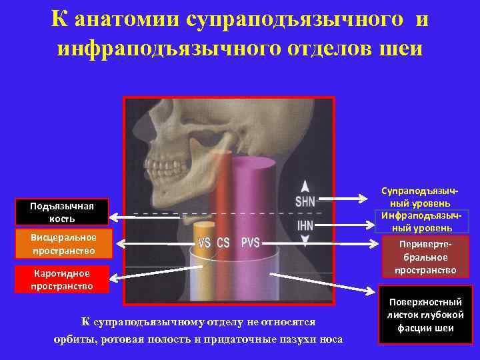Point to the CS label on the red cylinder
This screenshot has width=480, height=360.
223,243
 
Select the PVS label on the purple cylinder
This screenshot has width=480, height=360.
251,242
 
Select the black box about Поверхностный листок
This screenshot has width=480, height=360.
426,315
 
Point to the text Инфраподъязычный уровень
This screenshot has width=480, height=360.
425,221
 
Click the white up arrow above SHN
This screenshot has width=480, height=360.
305,185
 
